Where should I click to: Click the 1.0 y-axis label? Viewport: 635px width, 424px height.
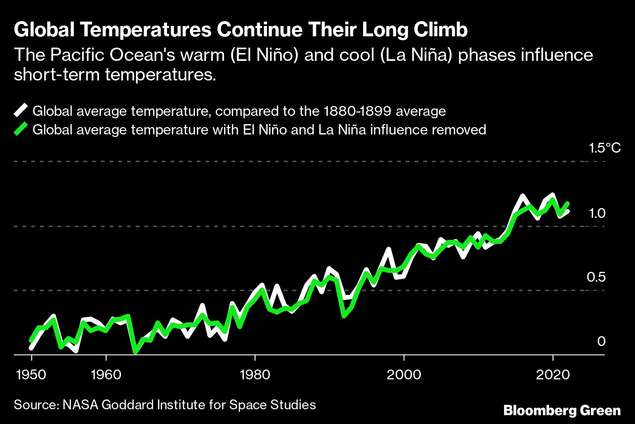coord(598,212)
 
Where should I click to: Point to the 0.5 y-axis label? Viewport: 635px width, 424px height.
coord(597,277)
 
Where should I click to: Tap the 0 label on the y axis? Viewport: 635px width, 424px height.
coord(602,341)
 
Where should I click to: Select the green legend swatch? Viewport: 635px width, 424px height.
coord(22,130)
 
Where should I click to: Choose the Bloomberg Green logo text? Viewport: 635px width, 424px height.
coord(562,410)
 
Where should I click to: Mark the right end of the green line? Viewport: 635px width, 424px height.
coord(568,203)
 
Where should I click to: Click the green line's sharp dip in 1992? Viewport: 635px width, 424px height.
coord(344,316)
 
